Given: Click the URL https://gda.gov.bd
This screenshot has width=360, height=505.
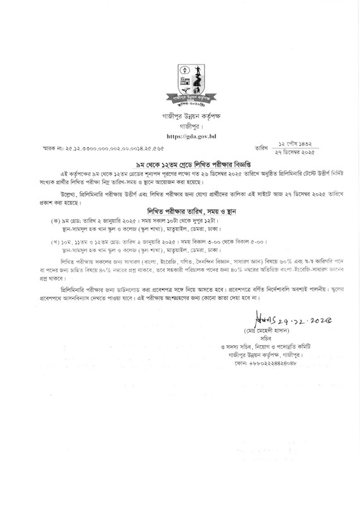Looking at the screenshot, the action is tap(189, 135).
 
